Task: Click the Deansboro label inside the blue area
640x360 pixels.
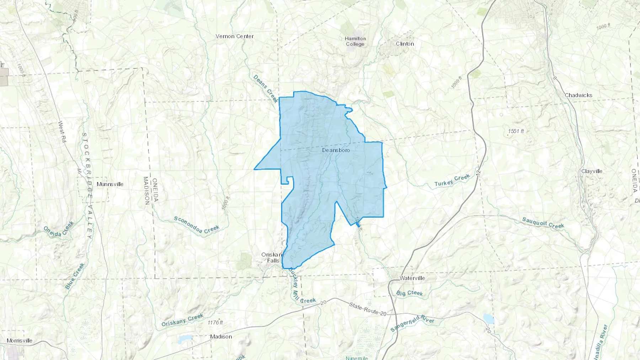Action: click(336, 150)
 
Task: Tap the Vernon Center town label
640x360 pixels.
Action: click(235, 36)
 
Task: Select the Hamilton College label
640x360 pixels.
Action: click(355, 41)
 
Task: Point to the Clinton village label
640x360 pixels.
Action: click(405, 44)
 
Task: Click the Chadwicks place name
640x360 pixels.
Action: click(578, 95)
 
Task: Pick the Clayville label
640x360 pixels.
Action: click(592, 171)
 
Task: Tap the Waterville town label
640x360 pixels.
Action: click(412, 278)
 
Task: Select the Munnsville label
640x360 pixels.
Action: click(110, 184)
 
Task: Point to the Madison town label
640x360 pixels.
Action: click(221, 337)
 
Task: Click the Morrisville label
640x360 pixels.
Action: click(20, 340)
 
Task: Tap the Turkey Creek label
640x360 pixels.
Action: click(452, 181)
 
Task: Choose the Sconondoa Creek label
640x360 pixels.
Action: click(197, 225)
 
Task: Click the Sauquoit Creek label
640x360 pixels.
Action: click(543, 223)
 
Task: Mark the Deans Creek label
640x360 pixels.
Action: click(266, 89)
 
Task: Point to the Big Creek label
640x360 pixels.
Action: click(410, 293)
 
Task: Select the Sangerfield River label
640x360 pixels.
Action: click(412, 324)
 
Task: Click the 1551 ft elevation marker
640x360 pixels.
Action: click(516, 131)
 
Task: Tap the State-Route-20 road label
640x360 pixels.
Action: click(367, 309)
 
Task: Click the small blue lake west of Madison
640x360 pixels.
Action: click(185, 339)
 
